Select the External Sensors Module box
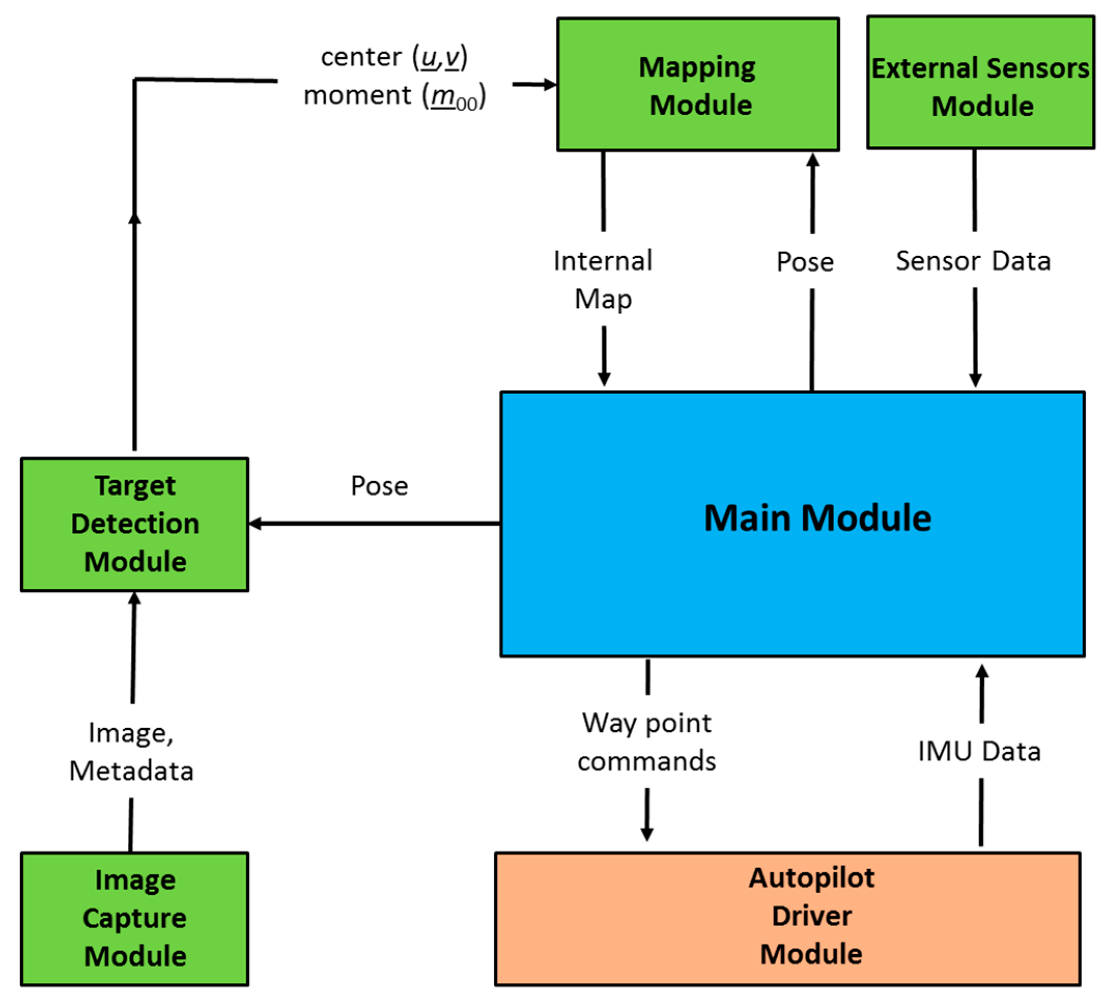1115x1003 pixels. [x=980, y=82]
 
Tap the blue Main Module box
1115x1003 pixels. [x=792, y=524]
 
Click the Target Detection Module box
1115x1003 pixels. [x=134, y=524]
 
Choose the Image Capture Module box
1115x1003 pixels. [x=134, y=918]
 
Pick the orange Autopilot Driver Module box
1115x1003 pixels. [x=787, y=918]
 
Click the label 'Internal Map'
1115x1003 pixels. [x=603, y=279]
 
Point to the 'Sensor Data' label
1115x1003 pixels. [x=973, y=261]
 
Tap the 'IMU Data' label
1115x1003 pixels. [x=979, y=751]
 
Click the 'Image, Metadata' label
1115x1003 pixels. [x=131, y=751]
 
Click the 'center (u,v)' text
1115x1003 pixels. [x=394, y=58]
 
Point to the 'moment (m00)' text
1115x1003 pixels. [x=394, y=96]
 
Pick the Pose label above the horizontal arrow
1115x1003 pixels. [x=379, y=486]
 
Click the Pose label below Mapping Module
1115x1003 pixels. [x=804, y=262]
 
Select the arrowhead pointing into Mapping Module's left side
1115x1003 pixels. [x=550, y=84]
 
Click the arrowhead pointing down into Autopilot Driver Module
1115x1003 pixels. [x=647, y=834]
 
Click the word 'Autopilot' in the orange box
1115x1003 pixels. [x=811, y=878]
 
